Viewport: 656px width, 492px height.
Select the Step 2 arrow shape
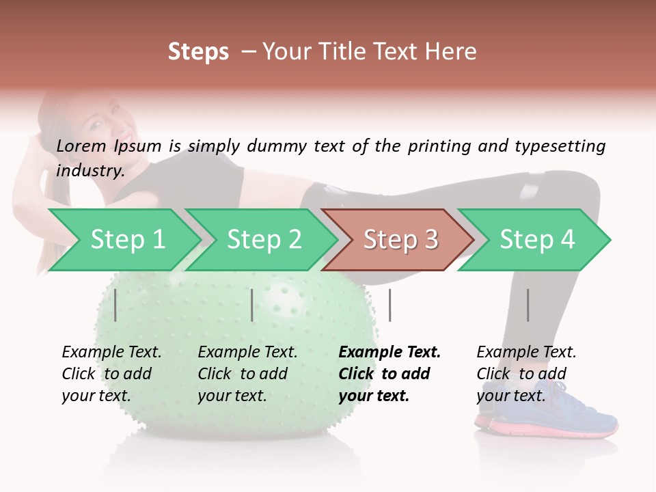coord(263,240)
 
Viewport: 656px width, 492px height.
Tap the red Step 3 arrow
coord(400,240)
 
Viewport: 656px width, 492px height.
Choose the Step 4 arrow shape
coord(536,240)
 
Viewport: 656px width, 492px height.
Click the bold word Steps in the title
coord(198,51)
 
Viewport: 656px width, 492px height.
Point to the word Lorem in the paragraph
coord(81,146)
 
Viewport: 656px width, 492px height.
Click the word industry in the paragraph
coord(90,170)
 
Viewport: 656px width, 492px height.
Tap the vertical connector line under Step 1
coord(115,305)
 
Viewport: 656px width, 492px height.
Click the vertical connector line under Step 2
coord(252,305)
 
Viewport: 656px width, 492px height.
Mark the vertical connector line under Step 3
coord(389,305)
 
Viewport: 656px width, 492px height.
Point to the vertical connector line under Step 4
coord(528,305)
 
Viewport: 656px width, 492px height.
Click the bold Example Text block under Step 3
coord(389,374)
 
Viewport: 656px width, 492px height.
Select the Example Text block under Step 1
coord(111,374)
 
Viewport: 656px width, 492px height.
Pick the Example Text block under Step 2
coord(247,374)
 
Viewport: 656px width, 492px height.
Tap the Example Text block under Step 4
coord(526,374)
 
